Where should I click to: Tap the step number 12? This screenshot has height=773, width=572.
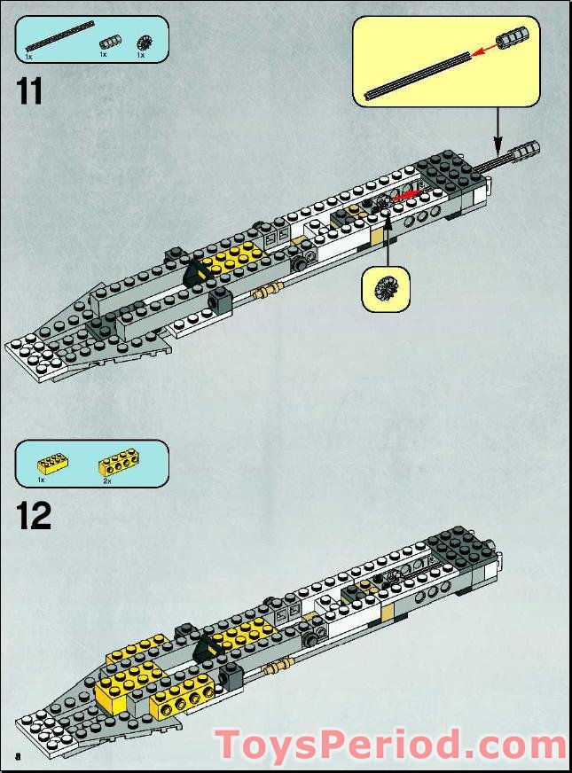[34, 515]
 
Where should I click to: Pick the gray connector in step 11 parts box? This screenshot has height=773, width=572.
[108, 41]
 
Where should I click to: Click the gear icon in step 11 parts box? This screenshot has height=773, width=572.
[143, 41]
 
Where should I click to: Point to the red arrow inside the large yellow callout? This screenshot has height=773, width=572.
[482, 52]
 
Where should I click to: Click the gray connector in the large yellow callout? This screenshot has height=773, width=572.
[513, 40]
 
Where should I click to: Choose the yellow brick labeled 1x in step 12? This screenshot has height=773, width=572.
[52, 463]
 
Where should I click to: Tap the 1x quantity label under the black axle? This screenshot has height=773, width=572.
[28, 55]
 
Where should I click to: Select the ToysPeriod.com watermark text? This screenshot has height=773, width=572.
[390, 745]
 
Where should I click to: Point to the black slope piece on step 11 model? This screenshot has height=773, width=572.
[192, 274]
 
